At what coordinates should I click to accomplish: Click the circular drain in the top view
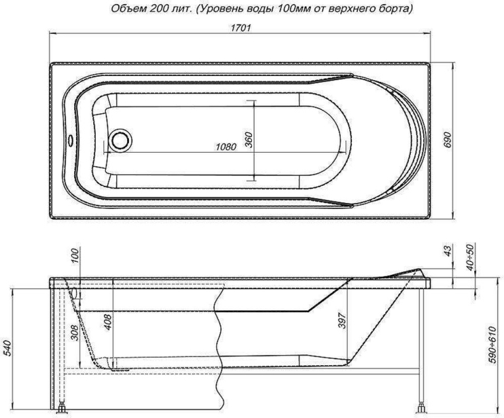click(x=121, y=140)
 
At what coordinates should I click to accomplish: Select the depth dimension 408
click(x=108, y=321)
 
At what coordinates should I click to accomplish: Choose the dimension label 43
click(x=447, y=251)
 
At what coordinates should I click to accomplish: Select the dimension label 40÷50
click(x=471, y=255)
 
